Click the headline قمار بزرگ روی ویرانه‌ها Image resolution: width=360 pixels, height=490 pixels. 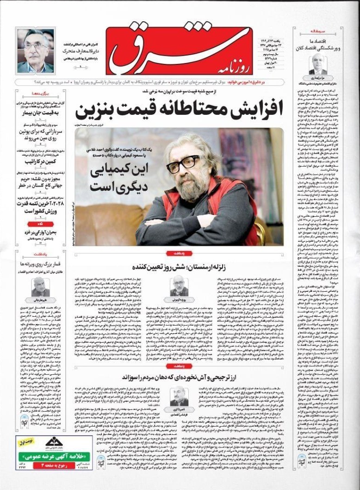pyautogui.click(x=41, y=264)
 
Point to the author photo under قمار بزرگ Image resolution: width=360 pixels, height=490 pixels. pyautogui.click(x=41, y=286)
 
